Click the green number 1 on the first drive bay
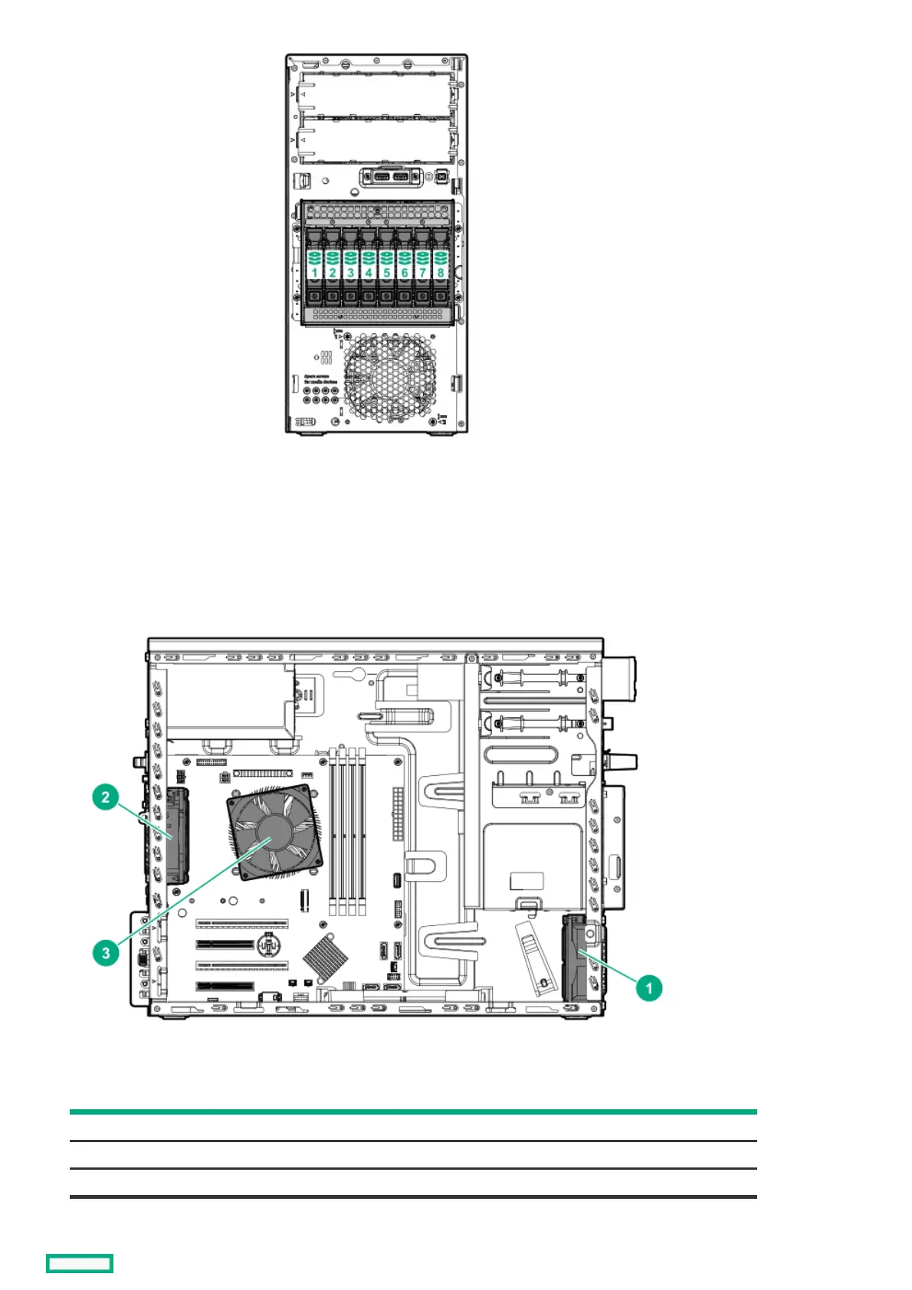click(314, 272)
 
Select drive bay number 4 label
click(369, 272)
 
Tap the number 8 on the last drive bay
click(441, 272)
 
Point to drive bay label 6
click(405, 272)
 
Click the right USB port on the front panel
click(400, 178)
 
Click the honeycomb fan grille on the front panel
click(389, 379)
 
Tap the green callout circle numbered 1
click(648, 987)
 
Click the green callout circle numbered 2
click(106, 797)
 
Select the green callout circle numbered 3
click(106, 953)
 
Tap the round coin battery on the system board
click(267, 945)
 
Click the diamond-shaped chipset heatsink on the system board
click(325, 958)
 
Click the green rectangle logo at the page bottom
click(80, 1263)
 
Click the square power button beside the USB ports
click(441, 177)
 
